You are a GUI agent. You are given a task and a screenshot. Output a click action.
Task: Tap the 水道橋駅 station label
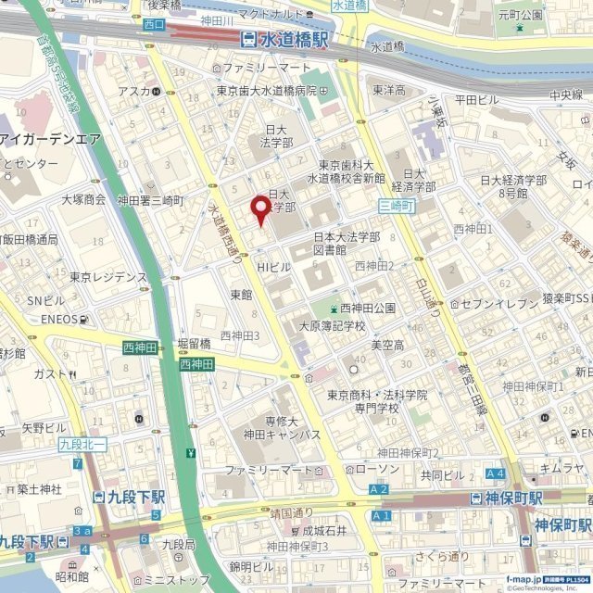click(284, 40)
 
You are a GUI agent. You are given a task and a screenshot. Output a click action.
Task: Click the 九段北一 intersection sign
click(83, 445)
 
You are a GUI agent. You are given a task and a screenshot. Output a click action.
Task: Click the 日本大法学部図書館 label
click(345, 243)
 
